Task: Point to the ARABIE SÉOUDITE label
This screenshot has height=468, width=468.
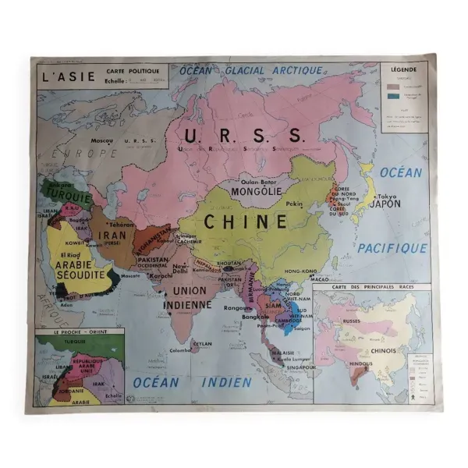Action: (80, 270)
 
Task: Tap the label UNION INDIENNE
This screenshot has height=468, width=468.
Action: (188, 297)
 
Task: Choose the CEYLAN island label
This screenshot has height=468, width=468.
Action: (203, 342)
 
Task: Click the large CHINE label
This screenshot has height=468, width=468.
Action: (246, 222)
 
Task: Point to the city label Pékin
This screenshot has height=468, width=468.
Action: (294, 204)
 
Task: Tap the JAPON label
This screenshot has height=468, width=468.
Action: (385, 204)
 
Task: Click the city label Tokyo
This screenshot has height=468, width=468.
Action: (387, 195)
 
